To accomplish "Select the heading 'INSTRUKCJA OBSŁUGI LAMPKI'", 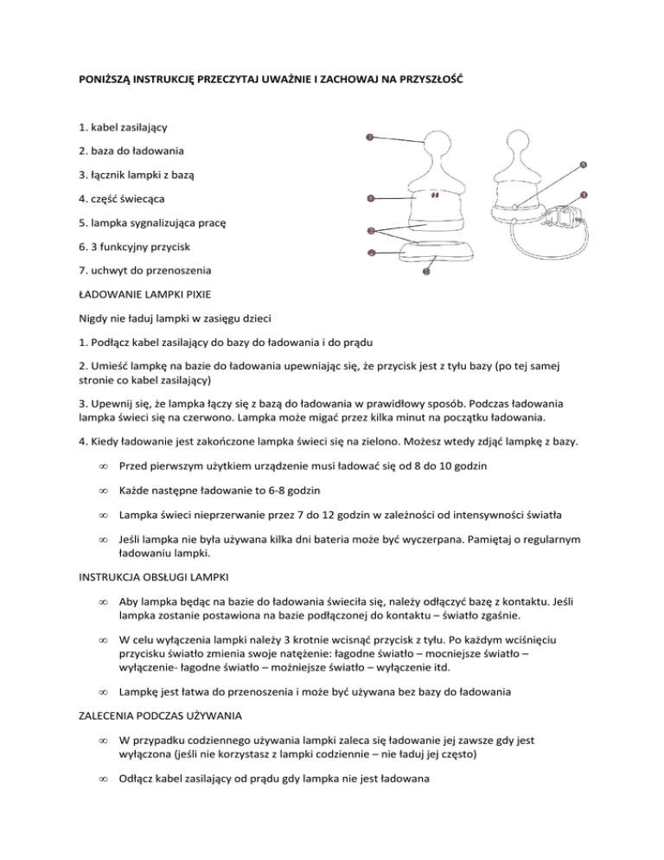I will (x=151, y=574).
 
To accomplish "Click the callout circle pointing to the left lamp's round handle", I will (x=370, y=138).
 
